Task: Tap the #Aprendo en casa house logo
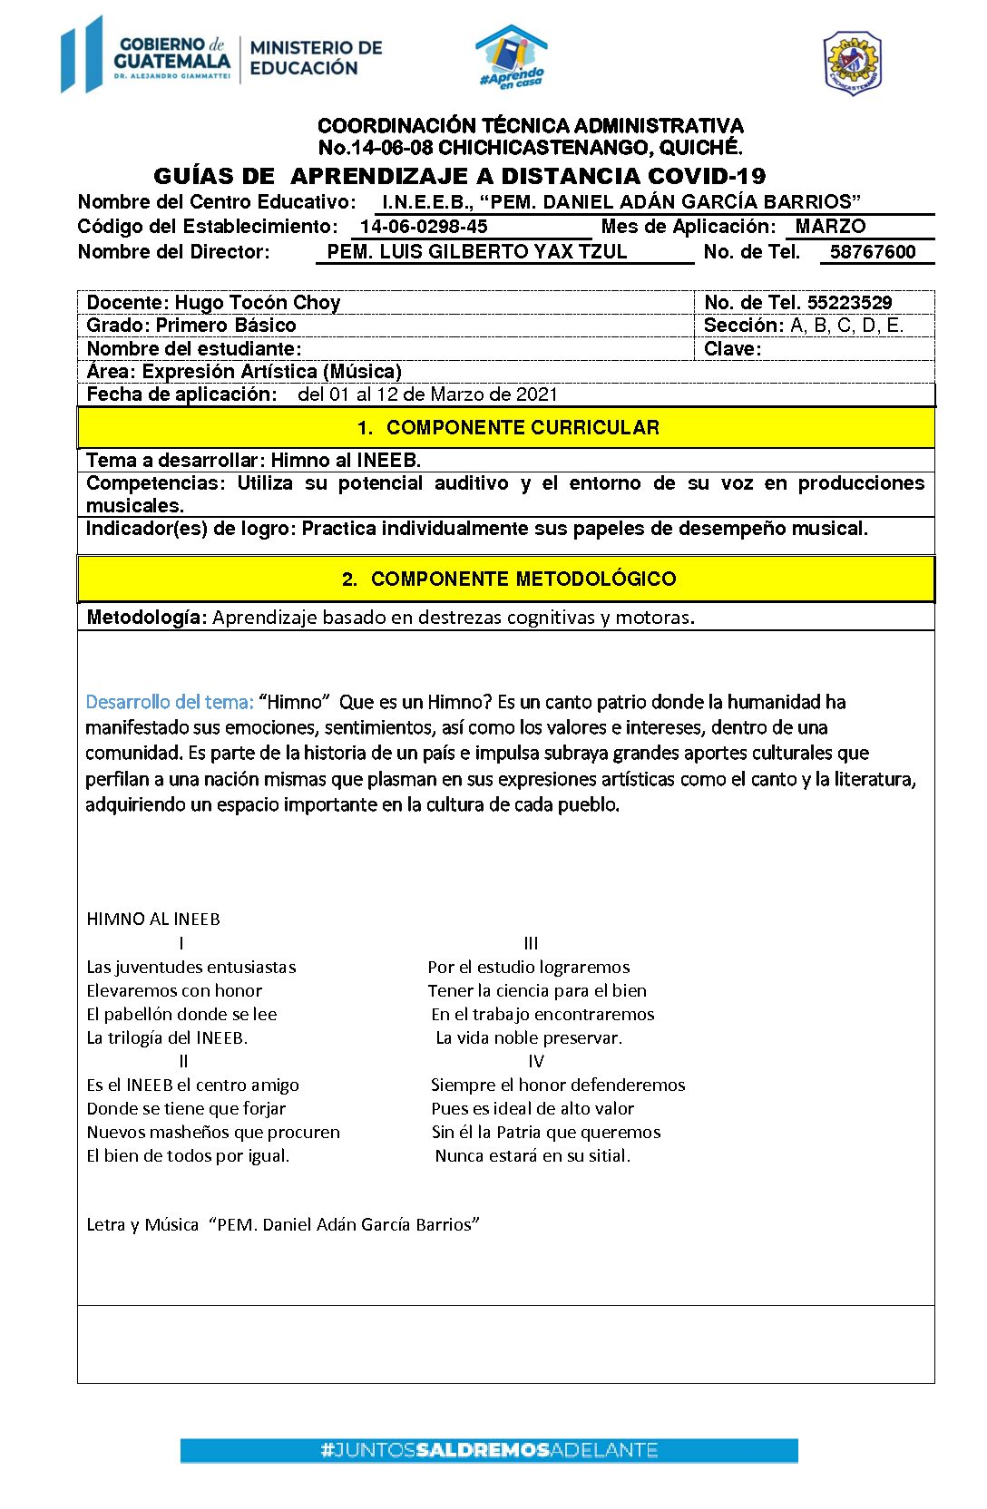point(512,57)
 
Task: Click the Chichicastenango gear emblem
point(852,63)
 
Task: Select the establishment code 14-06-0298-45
point(424,227)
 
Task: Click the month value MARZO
point(830,227)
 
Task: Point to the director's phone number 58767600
point(873,252)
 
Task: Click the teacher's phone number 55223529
point(849,303)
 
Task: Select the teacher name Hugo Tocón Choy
point(257,303)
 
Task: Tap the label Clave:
point(732,349)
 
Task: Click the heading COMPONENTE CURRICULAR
point(523,428)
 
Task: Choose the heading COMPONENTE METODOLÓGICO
point(523,579)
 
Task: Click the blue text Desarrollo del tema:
point(169,702)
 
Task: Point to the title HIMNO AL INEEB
point(153,920)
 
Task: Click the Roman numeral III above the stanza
point(531,944)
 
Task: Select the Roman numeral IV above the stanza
point(535,1062)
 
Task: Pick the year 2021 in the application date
point(536,394)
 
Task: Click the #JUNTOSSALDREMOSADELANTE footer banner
point(489,1450)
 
